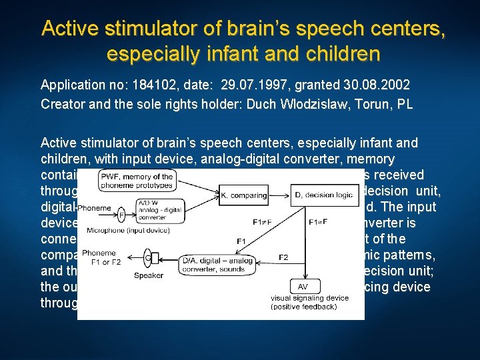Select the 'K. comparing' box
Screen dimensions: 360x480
coord(244,195)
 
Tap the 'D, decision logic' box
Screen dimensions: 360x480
coord(322,195)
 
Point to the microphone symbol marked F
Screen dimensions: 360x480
coord(121,215)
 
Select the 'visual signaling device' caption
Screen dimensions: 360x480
coord(309,301)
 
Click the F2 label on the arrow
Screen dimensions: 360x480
coord(283,256)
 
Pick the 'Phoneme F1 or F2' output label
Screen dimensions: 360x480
coord(99,257)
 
